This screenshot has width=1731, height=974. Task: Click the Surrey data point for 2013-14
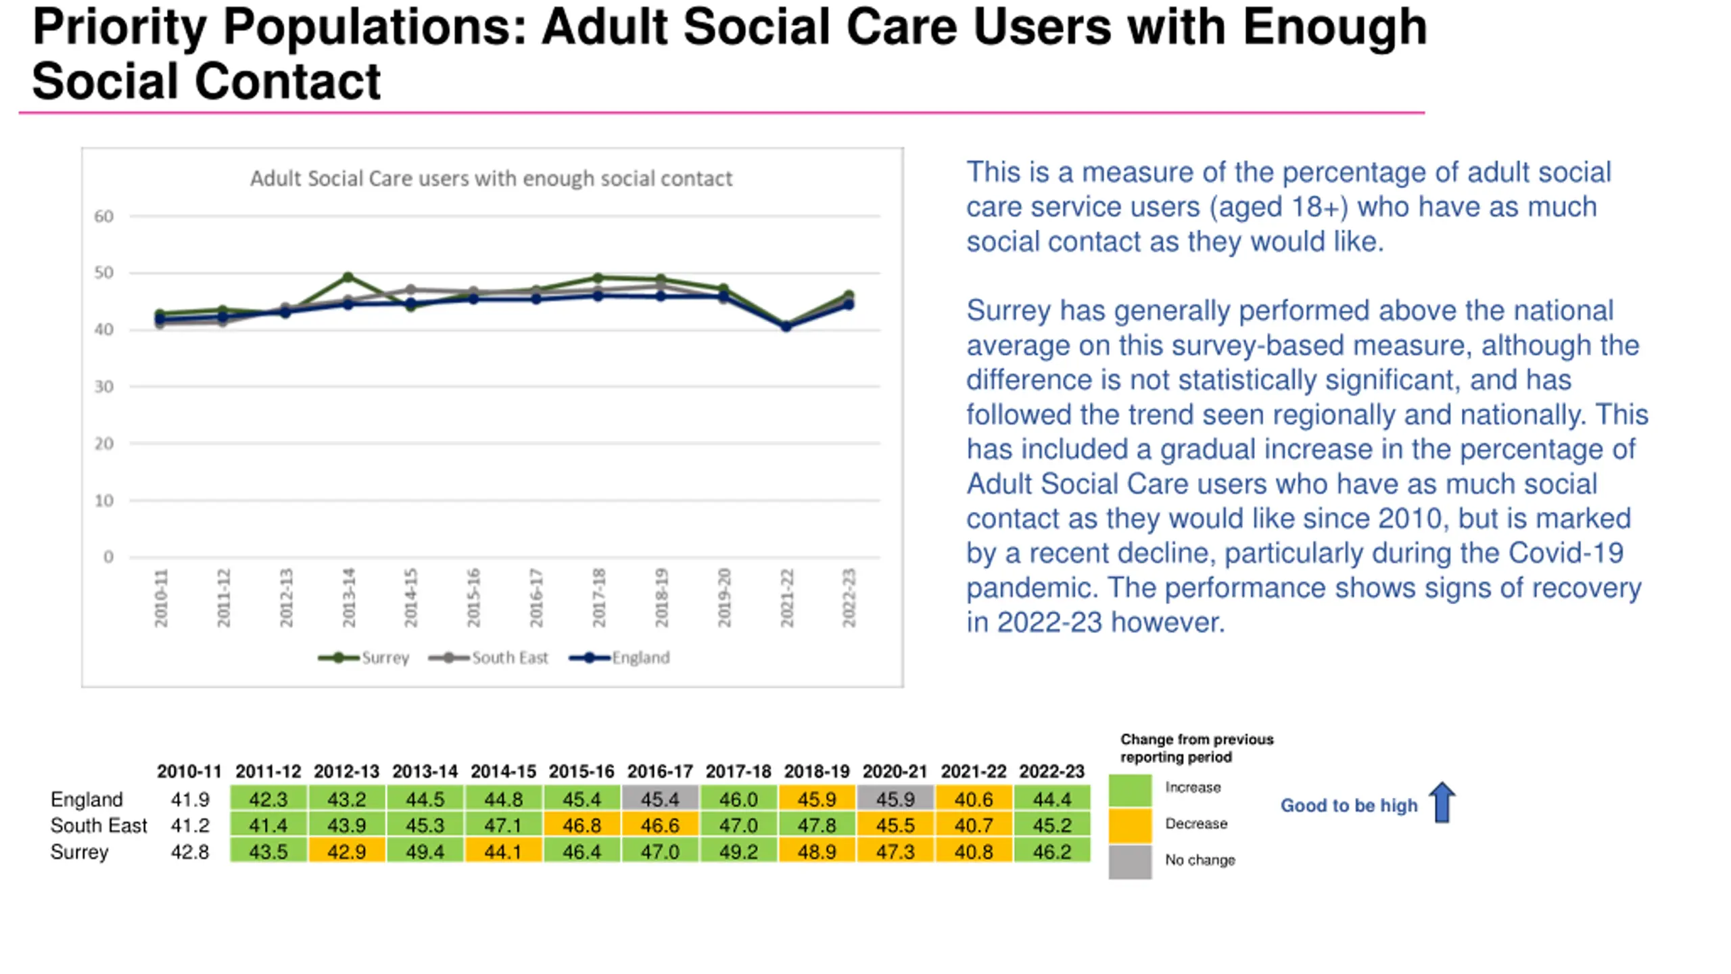coord(348,277)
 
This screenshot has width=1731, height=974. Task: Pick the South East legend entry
coord(488,657)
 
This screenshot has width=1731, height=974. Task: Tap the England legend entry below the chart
coord(619,657)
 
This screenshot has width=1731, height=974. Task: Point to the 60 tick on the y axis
coord(103,216)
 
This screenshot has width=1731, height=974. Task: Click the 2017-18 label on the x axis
coord(598,598)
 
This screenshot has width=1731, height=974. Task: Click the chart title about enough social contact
coord(491,179)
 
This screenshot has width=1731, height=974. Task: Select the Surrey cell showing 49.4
coord(425,851)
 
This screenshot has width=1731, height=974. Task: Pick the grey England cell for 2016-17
coord(660,799)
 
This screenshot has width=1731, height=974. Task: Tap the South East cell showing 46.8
coord(582,825)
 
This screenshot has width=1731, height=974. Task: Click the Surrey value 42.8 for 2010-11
coord(190,851)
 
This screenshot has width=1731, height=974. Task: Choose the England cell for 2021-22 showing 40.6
coord(974,799)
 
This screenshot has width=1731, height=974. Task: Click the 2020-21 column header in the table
coord(895,771)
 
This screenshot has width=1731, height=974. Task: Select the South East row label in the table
coord(99,825)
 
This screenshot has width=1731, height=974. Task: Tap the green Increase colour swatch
coord(1130,790)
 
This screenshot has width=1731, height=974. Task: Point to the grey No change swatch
coord(1130,862)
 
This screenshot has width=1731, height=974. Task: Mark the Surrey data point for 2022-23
coord(849,296)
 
